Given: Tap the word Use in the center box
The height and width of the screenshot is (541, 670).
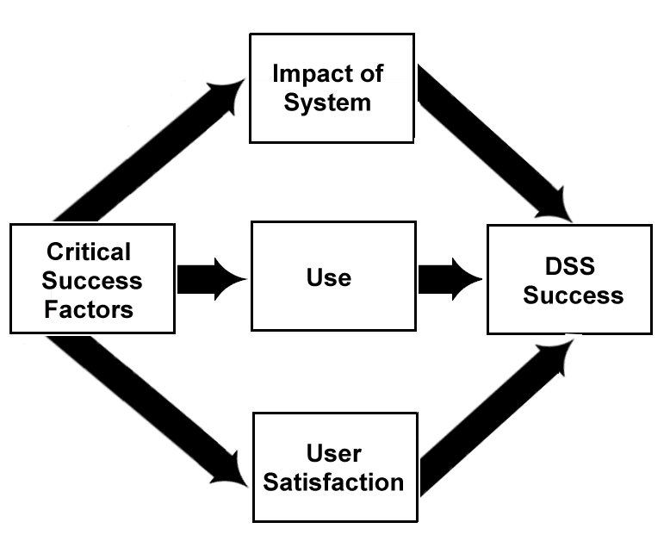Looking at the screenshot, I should point(328,277).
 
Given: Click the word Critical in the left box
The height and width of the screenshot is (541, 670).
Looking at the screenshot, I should point(89,252).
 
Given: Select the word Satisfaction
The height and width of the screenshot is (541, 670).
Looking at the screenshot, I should point(333,481).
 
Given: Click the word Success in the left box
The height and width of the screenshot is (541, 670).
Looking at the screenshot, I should point(92,280).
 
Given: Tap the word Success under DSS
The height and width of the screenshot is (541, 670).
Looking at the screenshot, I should point(574,295).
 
